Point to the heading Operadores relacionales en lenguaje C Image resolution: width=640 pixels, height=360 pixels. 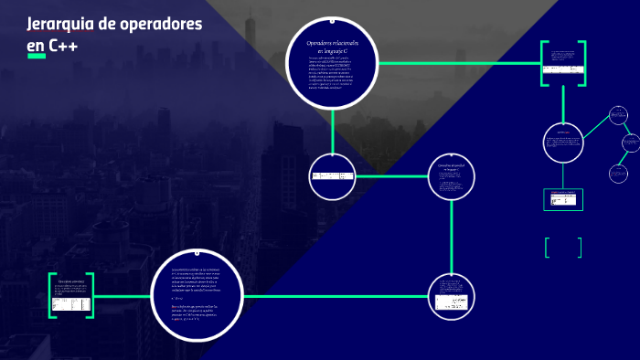pyautogui.click(x=332, y=48)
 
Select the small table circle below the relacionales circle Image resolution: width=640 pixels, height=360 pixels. pyautogui.click(x=332, y=176)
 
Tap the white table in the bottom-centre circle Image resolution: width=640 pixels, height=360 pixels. pyautogui.click(x=451, y=300)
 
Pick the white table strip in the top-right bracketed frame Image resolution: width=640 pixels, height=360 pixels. pyautogui.click(x=562, y=69)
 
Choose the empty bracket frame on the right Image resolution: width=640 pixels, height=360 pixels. pyautogui.click(x=562, y=248)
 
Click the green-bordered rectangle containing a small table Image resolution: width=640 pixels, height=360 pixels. pyautogui.click(x=563, y=198)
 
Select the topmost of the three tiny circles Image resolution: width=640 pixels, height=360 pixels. pyautogui.click(x=619, y=115)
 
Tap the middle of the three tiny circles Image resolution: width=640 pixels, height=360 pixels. pyautogui.click(x=630, y=143)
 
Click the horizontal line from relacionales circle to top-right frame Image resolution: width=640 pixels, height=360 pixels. pyautogui.click(x=457, y=63)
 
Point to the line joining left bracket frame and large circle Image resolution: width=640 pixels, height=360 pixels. pyautogui.click(x=122, y=295)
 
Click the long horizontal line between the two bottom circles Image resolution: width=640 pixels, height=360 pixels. pyautogui.click(x=335, y=295)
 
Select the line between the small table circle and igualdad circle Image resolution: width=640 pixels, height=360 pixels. pyautogui.click(x=391, y=175)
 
